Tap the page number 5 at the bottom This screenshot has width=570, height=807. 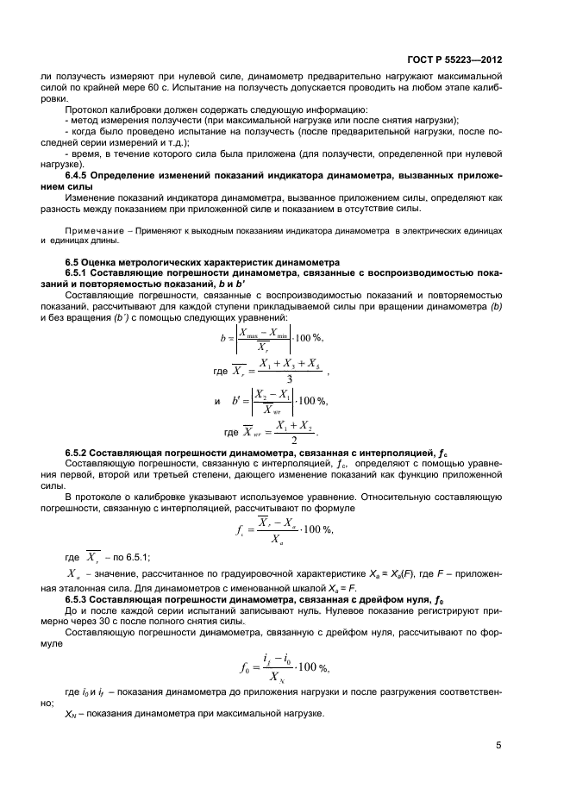click(499, 746)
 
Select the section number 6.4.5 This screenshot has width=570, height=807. click(80, 176)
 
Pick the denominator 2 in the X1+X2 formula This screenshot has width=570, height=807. click(287, 438)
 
